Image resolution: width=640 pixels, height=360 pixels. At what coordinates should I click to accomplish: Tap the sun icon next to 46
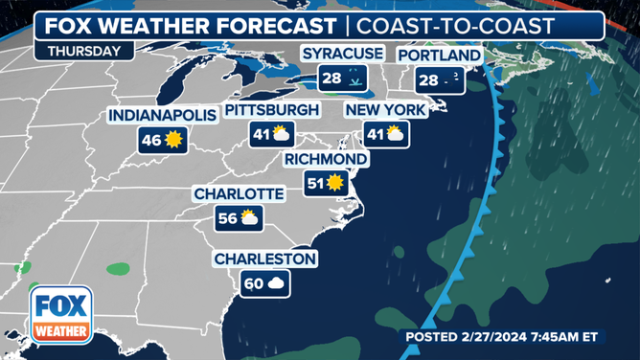coord(173,140)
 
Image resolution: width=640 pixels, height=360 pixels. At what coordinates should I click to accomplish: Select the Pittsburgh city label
coord(271,111)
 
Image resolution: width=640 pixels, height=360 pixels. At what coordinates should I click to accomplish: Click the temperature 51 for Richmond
coord(314,182)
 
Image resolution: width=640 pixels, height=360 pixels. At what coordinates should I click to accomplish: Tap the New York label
coord(385,111)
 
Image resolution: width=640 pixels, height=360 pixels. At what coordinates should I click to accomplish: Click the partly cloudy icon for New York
coord(395,135)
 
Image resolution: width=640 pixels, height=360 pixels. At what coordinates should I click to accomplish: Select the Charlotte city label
coord(239,193)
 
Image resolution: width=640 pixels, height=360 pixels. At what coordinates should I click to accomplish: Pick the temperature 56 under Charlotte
coord(227,218)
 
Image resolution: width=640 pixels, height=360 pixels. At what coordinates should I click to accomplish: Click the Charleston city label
coord(265,259)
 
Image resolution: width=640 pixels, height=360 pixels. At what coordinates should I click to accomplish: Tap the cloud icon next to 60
coord(277,282)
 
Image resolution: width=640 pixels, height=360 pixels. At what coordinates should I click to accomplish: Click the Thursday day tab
coord(82,51)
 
